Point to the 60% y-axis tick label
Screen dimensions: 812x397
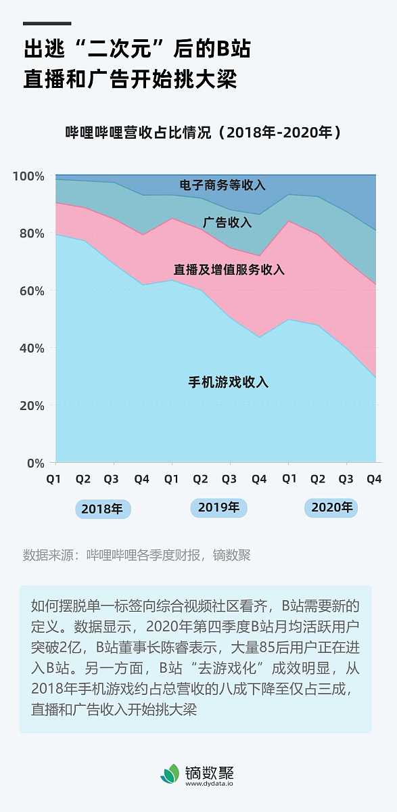(x=30, y=291)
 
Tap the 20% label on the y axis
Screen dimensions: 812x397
(x=30, y=406)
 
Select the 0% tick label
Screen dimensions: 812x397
(x=34, y=464)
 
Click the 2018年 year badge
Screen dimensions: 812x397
(x=103, y=509)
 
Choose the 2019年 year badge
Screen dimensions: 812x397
(x=218, y=507)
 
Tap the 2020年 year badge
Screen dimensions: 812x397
(x=331, y=507)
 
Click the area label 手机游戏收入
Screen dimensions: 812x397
(x=228, y=382)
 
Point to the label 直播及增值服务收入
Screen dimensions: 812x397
(x=229, y=270)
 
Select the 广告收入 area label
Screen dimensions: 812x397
(x=227, y=222)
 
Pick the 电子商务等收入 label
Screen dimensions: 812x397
(x=223, y=185)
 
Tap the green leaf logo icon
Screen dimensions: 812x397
(x=170, y=774)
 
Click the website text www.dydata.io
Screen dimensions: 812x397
(x=209, y=784)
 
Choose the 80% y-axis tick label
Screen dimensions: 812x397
(x=30, y=233)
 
